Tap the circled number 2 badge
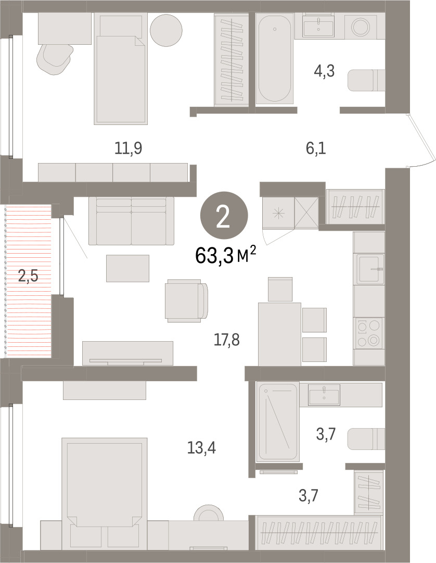coord(224,217)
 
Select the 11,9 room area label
coord(129,148)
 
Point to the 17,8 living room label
coord(227,340)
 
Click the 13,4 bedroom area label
coord(201,448)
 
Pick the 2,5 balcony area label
coord(28,277)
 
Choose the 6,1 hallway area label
coord(316,148)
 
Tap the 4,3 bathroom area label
coord(324,71)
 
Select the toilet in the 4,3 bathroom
coord(366,80)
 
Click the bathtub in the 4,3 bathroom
coord(275,58)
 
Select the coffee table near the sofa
coord(127,268)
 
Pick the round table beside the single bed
coord(166,30)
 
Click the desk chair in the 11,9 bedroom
coord(55,59)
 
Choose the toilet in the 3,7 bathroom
coord(366,439)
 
